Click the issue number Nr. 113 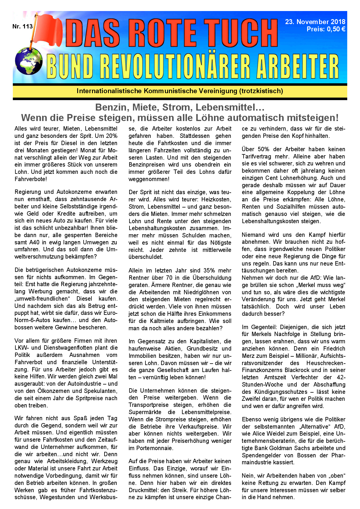point(22,26)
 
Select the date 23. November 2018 point(315,22)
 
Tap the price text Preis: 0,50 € point(326,29)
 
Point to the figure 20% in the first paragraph point(111,136)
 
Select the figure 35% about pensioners point(209,270)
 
